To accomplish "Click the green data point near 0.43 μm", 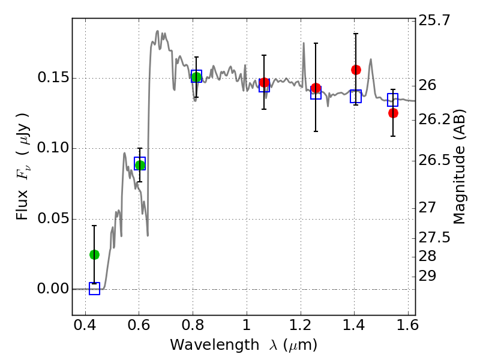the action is point(94,254).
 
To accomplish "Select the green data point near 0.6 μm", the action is point(140,165).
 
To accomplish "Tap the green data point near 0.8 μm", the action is point(196,77).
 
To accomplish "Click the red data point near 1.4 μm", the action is point(356,70).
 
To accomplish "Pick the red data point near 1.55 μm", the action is point(393,113).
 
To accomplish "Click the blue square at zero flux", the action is point(94,289).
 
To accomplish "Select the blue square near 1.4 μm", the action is point(356,96).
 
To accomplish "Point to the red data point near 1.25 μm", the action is point(316,88).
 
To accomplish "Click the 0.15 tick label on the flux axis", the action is point(53,78).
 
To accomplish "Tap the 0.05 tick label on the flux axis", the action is point(53,219).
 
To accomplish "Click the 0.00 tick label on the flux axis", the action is point(53,289).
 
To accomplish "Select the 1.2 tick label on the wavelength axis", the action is point(301,325).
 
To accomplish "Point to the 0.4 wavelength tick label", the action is point(85,325).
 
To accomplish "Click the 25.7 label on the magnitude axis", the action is point(434,20).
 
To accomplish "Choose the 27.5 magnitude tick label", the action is point(434,238).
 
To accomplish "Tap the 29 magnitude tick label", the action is point(427,276).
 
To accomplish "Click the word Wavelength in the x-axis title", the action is point(215,346).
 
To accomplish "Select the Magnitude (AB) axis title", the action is point(459,167).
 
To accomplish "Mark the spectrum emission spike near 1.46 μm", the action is point(371,59).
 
